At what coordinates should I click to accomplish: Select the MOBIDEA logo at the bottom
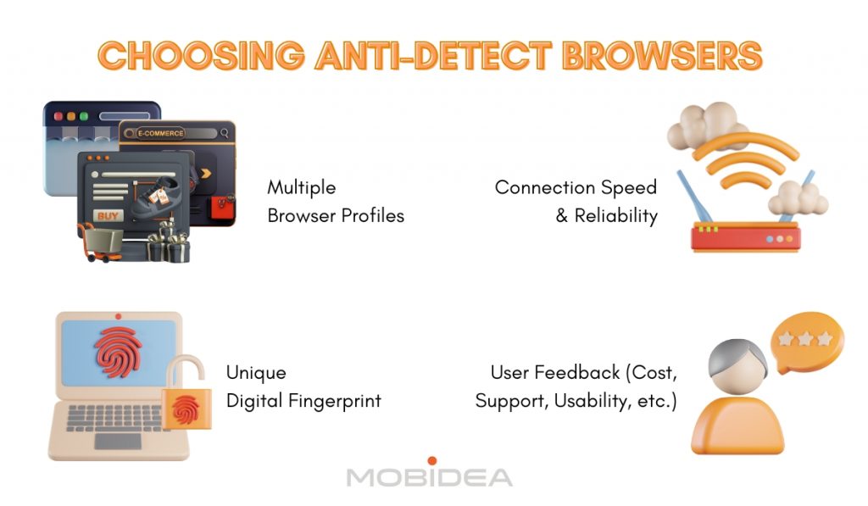click(x=430, y=475)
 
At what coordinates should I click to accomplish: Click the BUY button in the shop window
click(x=108, y=215)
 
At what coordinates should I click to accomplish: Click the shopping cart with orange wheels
click(x=95, y=242)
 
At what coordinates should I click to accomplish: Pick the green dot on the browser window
click(x=83, y=115)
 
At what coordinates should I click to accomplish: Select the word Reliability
click(x=615, y=215)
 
